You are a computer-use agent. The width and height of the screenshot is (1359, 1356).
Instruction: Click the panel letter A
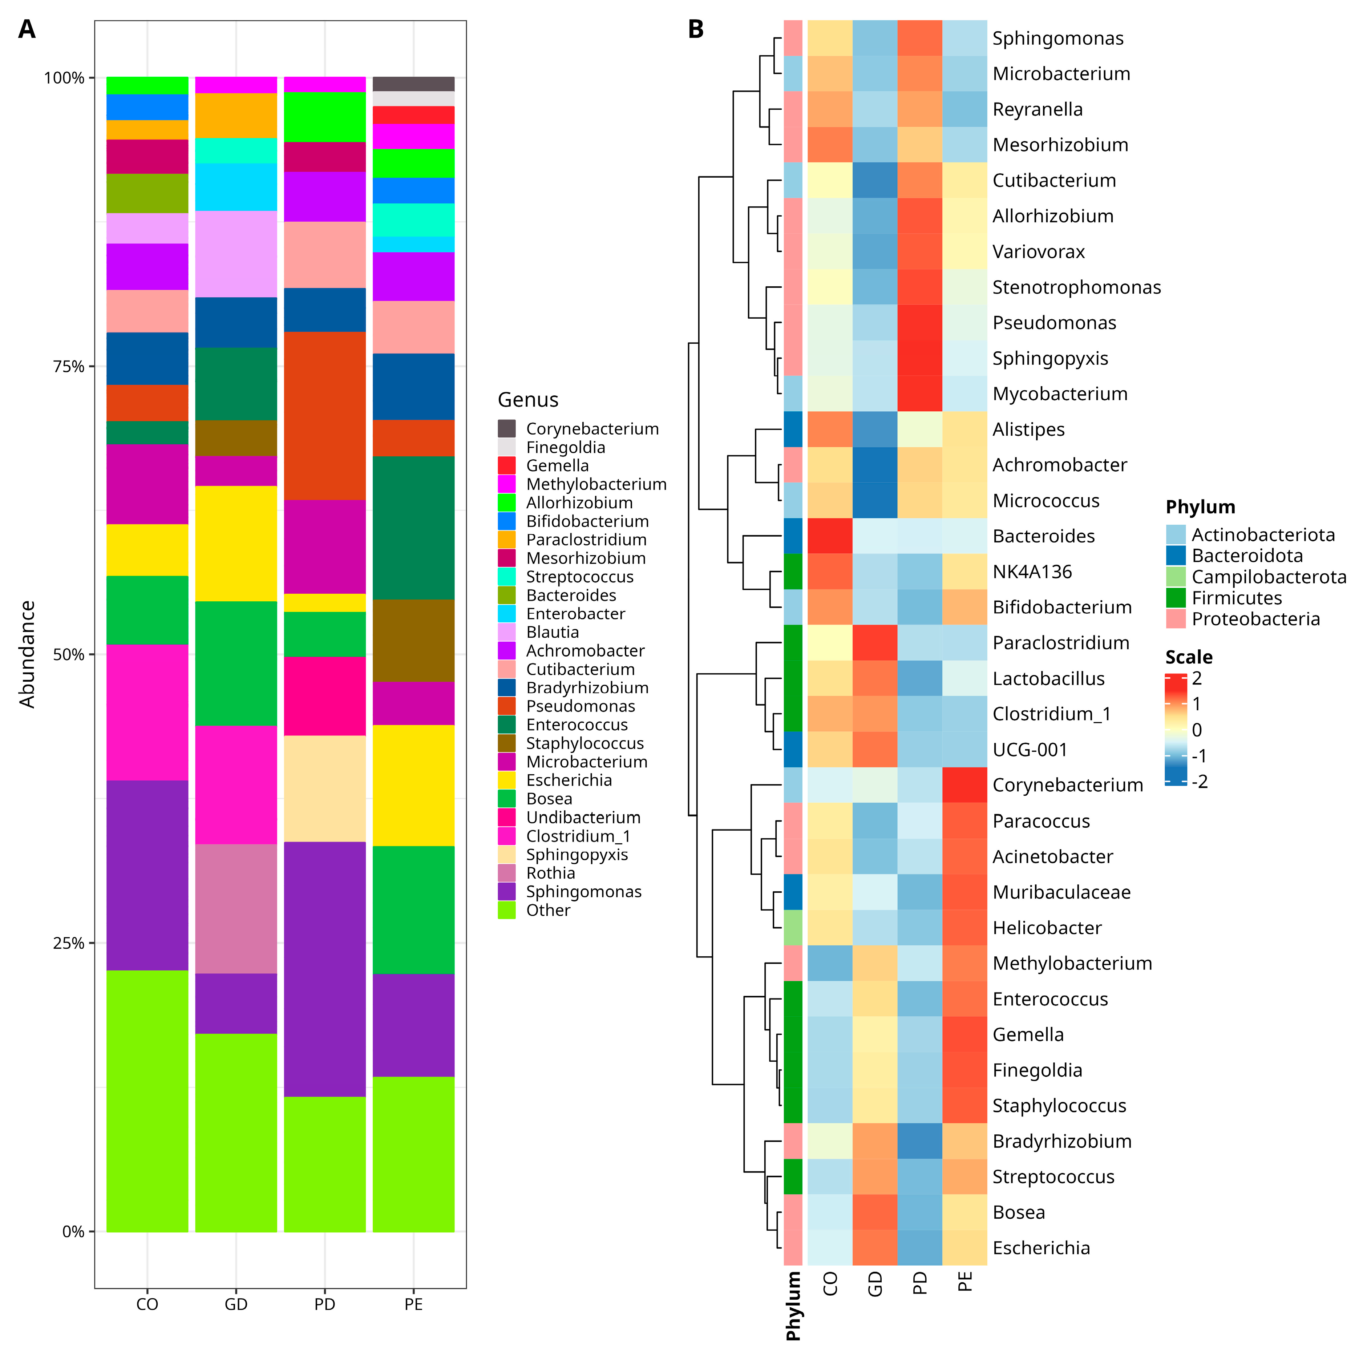(27, 29)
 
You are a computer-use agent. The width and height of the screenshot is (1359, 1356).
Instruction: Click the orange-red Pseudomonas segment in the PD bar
(324, 415)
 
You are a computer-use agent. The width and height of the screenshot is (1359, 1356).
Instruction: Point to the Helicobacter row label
(1047, 928)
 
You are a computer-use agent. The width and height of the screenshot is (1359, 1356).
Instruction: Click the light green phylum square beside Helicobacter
(793, 928)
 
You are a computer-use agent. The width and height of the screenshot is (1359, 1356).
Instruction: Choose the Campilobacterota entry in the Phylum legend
(1268, 577)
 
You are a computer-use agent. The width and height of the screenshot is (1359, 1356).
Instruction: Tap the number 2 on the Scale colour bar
(1197, 678)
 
